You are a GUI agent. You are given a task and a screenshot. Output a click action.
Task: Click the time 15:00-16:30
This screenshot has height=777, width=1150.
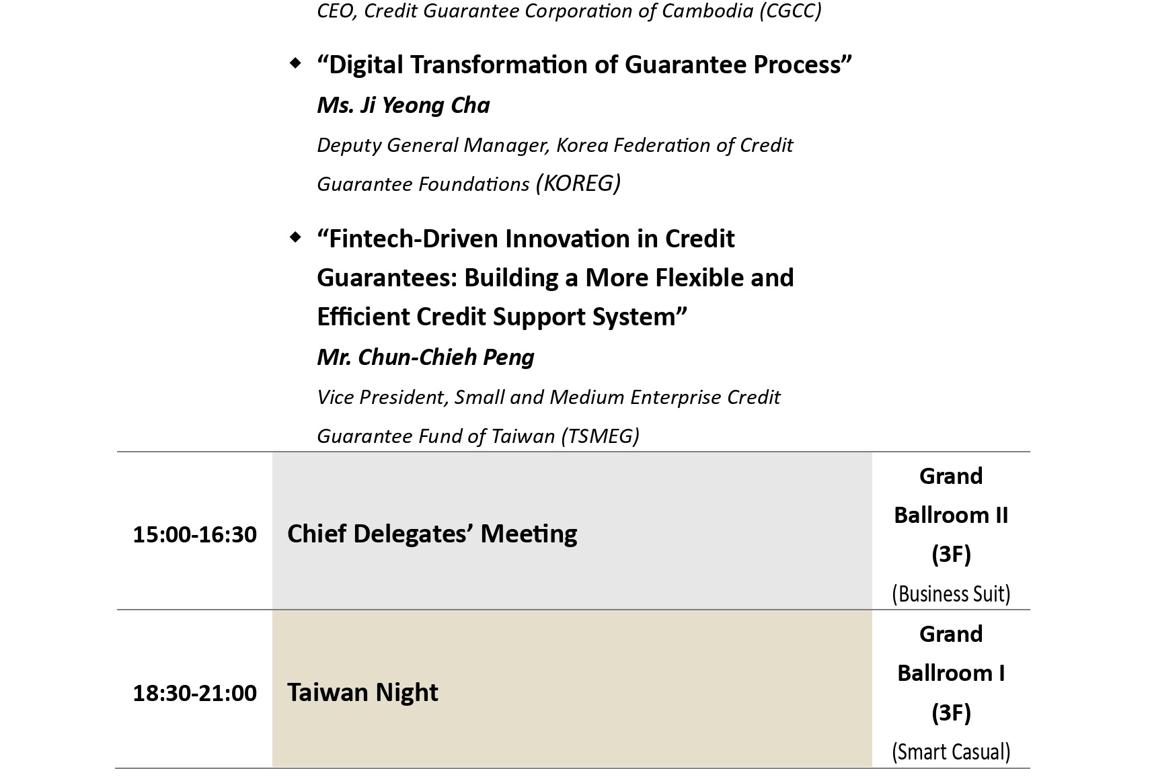[x=194, y=534]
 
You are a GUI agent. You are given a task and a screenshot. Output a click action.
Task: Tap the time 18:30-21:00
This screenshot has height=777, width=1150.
[x=194, y=693]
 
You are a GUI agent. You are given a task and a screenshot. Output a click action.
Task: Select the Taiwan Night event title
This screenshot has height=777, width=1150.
[x=362, y=692]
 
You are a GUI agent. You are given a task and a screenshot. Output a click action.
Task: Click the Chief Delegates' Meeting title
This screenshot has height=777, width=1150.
[x=432, y=534]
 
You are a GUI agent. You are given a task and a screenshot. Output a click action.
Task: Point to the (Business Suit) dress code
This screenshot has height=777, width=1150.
[x=951, y=594]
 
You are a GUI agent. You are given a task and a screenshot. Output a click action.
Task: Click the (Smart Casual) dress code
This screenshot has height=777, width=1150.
[x=951, y=752]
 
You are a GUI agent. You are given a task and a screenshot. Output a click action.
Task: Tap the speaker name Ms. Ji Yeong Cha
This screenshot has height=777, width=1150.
[x=403, y=106]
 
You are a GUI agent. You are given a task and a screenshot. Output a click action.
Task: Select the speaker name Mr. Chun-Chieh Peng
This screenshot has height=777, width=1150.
[x=426, y=357]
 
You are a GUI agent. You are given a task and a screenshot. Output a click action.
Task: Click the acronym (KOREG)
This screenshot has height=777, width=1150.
[x=578, y=183]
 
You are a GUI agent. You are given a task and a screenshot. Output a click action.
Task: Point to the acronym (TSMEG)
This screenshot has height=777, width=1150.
[x=600, y=436]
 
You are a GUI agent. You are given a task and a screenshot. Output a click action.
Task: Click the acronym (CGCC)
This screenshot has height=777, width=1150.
[x=790, y=11]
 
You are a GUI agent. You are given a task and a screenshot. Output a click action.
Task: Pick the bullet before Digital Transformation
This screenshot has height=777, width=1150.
[x=295, y=63]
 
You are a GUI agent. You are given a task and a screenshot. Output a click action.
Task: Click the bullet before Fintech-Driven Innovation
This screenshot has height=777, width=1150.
[x=295, y=237]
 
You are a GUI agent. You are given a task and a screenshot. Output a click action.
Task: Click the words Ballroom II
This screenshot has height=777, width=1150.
[x=951, y=515]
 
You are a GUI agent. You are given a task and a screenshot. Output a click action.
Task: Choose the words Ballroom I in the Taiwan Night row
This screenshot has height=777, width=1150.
[x=951, y=673]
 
